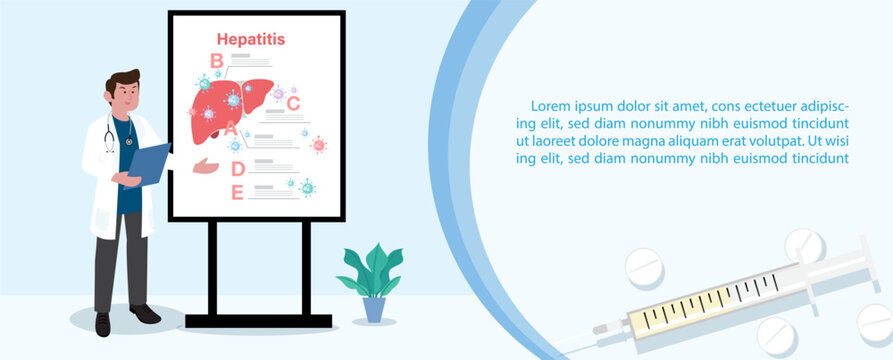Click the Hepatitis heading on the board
(251, 39)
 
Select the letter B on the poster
(216, 60)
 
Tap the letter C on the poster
(293, 104)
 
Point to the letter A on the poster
(231, 129)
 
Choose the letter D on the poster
(237, 169)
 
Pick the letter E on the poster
(237, 193)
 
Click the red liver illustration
(229, 109)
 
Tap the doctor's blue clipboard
(148, 165)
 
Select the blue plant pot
(374, 310)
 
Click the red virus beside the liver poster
(318, 145)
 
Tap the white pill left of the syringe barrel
(644, 268)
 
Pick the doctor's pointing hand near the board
(206, 166)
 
